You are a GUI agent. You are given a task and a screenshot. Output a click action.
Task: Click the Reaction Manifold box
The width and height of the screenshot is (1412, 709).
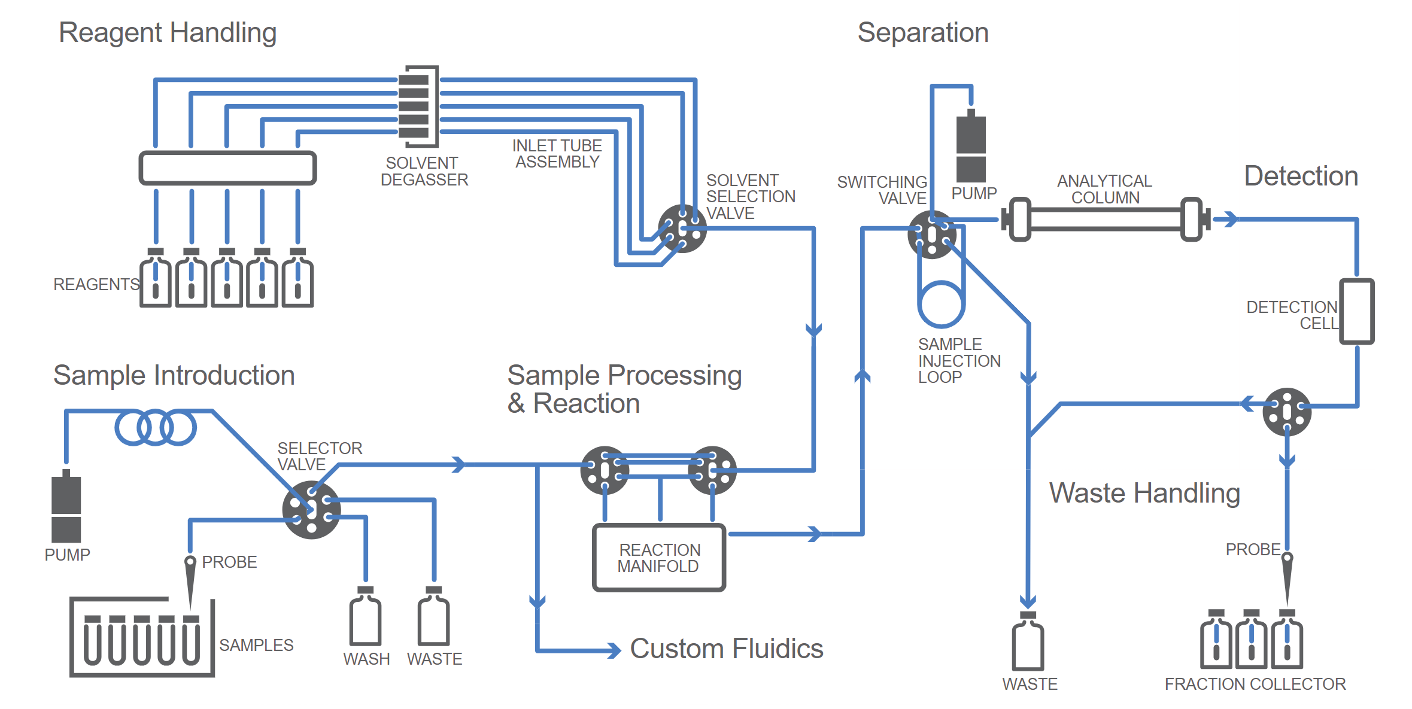[658, 558]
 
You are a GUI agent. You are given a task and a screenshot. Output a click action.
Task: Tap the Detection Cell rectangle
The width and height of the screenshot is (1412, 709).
[1356, 311]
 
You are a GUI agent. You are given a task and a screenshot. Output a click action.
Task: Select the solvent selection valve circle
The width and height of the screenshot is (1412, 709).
[682, 229]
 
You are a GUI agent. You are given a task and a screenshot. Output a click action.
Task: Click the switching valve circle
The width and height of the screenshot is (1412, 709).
[931, 235]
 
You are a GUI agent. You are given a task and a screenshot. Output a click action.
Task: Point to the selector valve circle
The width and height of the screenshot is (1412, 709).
[311, 510]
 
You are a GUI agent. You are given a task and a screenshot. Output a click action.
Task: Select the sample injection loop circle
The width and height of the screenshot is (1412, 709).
[941, 304]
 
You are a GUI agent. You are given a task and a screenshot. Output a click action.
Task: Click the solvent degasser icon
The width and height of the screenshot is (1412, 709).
[419, 106]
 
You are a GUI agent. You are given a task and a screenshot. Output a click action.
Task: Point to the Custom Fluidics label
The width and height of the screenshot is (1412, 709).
[727, 649]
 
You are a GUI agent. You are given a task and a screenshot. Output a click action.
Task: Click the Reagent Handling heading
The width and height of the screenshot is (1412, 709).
[168, 33]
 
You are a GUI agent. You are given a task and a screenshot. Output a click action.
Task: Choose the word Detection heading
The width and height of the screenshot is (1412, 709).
[1301, 177]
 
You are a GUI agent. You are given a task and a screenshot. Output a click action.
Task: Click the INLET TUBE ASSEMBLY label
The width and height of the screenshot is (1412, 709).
[557, 154]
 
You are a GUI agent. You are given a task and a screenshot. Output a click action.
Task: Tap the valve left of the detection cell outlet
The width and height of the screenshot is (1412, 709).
[1287, 412]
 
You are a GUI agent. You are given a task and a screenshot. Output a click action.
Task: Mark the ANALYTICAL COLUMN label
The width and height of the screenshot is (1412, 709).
[1105, 189]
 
